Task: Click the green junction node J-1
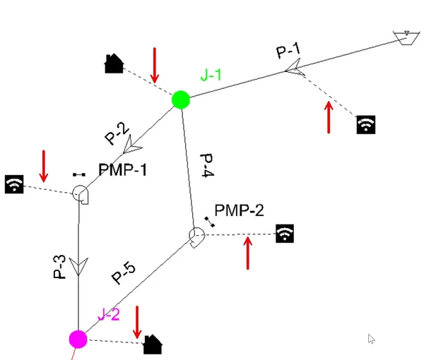coord(181,100)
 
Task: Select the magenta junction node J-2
coord(78,339)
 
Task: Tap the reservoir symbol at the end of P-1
coord(406,38)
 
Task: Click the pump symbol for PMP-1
coord(81,194)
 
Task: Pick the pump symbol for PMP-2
coord(196,237)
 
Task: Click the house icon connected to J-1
coord(114,64)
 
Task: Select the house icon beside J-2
coord(153,344)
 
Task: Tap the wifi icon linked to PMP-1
coord(14,184)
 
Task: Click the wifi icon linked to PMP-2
coord(285,234)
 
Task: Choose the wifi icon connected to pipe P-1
coord(366,124)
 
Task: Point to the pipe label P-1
coord(288,50)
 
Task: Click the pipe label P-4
coord(207,166)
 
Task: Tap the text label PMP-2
coord(239,210)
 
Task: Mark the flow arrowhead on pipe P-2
coord(131,145)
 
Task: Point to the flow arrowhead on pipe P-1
coord(295,68)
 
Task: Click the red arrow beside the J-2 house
coord(137,322)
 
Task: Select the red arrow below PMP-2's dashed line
coord(248,253)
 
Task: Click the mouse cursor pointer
coord(371,339)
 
